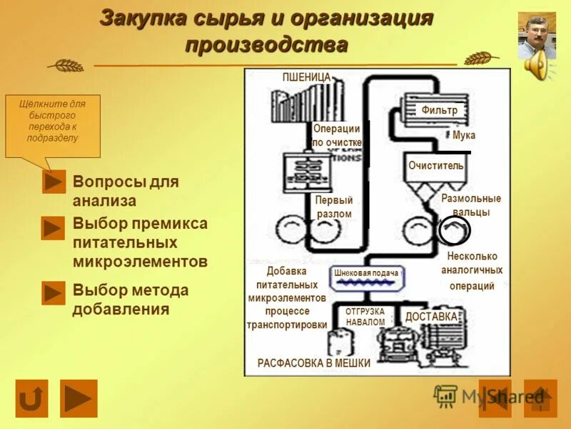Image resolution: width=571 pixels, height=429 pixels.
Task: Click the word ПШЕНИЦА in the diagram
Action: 306,77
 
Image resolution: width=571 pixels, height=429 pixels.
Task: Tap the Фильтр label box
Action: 439,110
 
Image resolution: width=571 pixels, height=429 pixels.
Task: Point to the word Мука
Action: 463,135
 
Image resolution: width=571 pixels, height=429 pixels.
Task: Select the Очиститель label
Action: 435,165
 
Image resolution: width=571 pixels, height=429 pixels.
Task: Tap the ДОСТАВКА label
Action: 431,317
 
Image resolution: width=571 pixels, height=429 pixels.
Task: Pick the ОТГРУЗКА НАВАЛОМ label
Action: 365,317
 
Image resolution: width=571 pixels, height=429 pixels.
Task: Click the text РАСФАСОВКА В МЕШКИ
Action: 314,363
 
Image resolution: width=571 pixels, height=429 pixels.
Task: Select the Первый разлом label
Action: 334,207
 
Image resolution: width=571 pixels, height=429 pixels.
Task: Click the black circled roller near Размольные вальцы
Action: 455,230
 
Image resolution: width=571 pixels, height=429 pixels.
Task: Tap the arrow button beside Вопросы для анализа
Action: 54,182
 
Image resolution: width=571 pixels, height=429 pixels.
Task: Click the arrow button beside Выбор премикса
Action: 54,228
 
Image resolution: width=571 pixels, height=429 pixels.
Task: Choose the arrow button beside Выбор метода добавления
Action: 54,293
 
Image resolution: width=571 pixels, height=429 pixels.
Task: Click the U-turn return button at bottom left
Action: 31,398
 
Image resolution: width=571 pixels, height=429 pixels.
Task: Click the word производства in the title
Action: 266,44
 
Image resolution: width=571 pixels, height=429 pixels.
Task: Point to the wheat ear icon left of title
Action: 66,65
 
